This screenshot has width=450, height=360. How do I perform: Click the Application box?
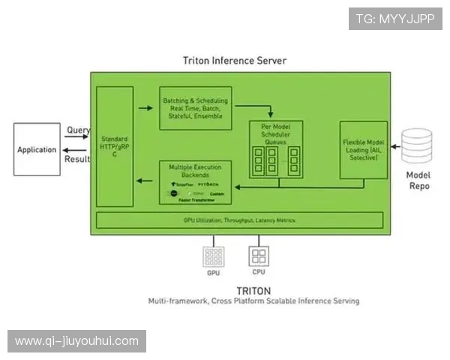click(37, 149)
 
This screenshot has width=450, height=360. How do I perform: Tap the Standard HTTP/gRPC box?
click(115, 146)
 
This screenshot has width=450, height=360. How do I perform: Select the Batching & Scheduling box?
click(195, 108)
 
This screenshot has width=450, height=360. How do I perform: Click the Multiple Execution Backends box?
click(195, 182)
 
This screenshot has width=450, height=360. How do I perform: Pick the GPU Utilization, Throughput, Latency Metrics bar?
click(238, 220)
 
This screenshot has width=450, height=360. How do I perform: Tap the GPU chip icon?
click(214, 257)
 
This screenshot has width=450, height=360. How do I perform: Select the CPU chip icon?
click(259, 257)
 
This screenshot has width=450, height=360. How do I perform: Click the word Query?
click(79, 130)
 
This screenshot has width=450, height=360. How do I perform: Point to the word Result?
click(78, 159)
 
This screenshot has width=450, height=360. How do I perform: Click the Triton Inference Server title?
click(235, 60)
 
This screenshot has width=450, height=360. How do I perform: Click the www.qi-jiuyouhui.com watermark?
click(76, 341)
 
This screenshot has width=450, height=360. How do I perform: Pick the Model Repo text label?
click(418, 180)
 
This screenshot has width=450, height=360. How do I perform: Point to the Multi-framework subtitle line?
click(253, 301)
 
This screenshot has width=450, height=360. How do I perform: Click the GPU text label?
click(214, 274)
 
